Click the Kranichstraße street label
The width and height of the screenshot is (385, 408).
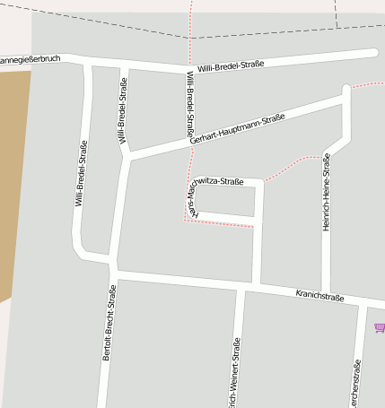[319, 295]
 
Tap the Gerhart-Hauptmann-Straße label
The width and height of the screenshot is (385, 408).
[237, 129]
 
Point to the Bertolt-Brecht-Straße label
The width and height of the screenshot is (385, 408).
[108, 323]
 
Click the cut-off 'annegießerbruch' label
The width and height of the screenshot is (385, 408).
[30, 59]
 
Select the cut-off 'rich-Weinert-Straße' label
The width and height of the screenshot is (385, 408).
[236, 375]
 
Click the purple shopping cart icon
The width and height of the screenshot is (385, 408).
[380, 328]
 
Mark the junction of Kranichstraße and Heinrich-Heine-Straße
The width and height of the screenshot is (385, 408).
[326, 291]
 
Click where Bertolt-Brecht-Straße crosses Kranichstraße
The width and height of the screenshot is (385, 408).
[114, 272]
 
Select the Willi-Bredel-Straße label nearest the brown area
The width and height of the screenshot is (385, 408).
[81, 174]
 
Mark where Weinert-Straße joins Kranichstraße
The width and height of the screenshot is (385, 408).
[240, 286]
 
